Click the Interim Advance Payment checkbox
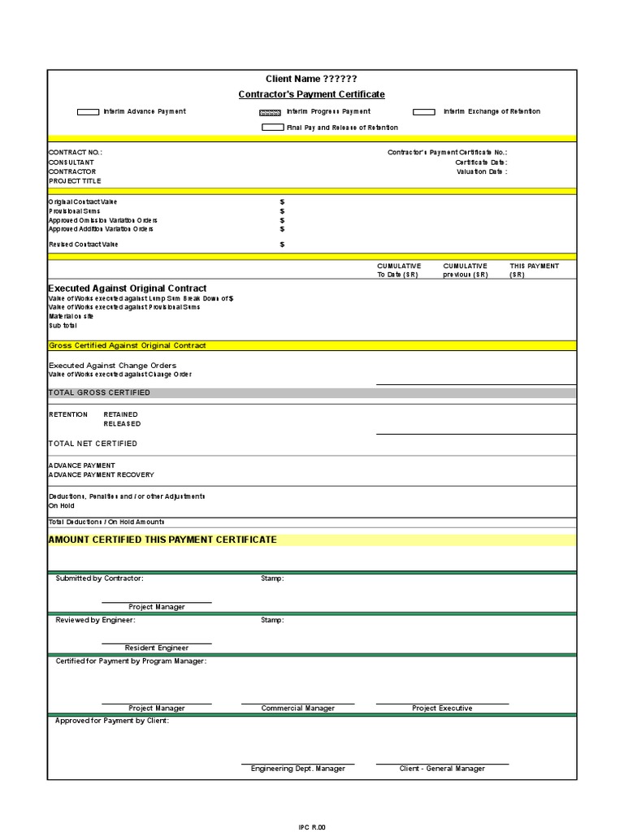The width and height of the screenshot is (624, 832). point(88,112)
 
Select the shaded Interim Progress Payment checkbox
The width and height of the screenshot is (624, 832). point(270,112)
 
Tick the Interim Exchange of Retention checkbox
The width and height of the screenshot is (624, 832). point(424,112)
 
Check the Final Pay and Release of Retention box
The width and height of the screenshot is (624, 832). point(272,128)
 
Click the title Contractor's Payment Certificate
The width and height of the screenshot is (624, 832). point(311,94)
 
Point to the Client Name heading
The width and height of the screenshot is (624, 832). point(311,79)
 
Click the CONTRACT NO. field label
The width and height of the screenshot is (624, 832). point(76,153)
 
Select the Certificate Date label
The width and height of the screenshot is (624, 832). point(481,162)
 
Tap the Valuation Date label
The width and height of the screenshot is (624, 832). point(481,172)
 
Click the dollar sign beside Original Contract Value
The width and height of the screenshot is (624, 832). point(282,201)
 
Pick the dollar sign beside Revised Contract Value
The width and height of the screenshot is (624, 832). point(282,245)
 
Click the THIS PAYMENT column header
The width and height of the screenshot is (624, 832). point(534,266)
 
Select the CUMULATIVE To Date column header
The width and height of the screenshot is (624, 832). point(399,271)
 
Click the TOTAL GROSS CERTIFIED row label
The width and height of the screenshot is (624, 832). point(99,392)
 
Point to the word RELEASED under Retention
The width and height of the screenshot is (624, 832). point(122,424)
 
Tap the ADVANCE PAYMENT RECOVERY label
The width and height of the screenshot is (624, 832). point(101,474)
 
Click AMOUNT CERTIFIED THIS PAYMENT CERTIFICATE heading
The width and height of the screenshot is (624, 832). point(162,539)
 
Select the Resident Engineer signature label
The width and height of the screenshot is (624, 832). point(156,648)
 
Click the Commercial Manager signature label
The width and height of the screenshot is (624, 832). point(297,708)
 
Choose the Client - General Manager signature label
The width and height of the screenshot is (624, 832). point(442,769)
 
